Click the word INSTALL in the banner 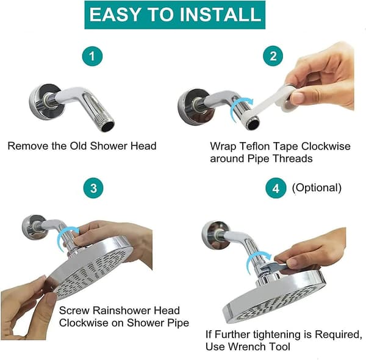point(220,15)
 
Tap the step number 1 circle point(92,56)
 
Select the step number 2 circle point(273,56)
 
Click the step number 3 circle point(93,188)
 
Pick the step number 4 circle point(276,188)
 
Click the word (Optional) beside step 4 point(317,188)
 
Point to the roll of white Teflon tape point(289,98)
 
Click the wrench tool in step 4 point(273,267)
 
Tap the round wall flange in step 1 point(46,102)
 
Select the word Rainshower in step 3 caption point(122,311)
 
